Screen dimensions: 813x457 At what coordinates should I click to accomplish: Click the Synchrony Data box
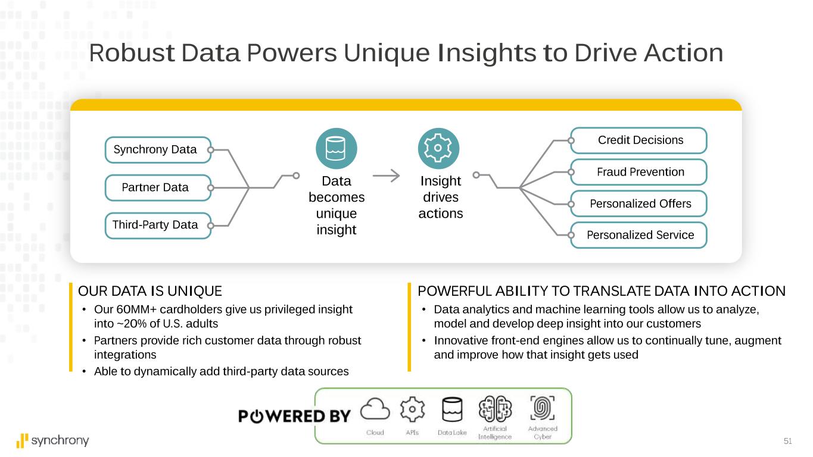(158, 150)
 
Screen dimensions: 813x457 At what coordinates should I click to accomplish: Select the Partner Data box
(158, 187)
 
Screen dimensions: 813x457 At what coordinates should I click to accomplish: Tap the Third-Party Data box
(158, 226)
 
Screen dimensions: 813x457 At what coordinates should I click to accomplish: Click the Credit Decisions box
(638, 140)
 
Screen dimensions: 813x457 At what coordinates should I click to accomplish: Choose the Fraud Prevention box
(638, 172)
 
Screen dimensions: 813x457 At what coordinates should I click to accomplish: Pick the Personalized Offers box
(638, 204)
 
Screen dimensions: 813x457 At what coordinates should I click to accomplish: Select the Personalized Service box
(638, 235)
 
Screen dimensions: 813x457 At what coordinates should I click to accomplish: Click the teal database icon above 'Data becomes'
(336, 149)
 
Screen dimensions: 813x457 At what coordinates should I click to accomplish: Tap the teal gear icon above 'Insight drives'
(438, 149)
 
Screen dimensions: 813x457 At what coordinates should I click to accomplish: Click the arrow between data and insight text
(386, 176)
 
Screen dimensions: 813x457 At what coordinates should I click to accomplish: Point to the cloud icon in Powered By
(375, 409)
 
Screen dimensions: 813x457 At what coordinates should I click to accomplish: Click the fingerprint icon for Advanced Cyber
(542, 408)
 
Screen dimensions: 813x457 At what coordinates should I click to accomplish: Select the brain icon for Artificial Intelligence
(495, 409)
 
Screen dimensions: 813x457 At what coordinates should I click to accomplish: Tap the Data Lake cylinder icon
(452, 409)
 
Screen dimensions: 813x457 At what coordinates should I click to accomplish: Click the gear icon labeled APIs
(412, 409)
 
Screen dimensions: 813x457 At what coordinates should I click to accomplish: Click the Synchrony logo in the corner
(52, 441)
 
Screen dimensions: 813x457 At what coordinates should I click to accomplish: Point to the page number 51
(787, 441)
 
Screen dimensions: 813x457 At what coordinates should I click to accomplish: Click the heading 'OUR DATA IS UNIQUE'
(150, 291)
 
